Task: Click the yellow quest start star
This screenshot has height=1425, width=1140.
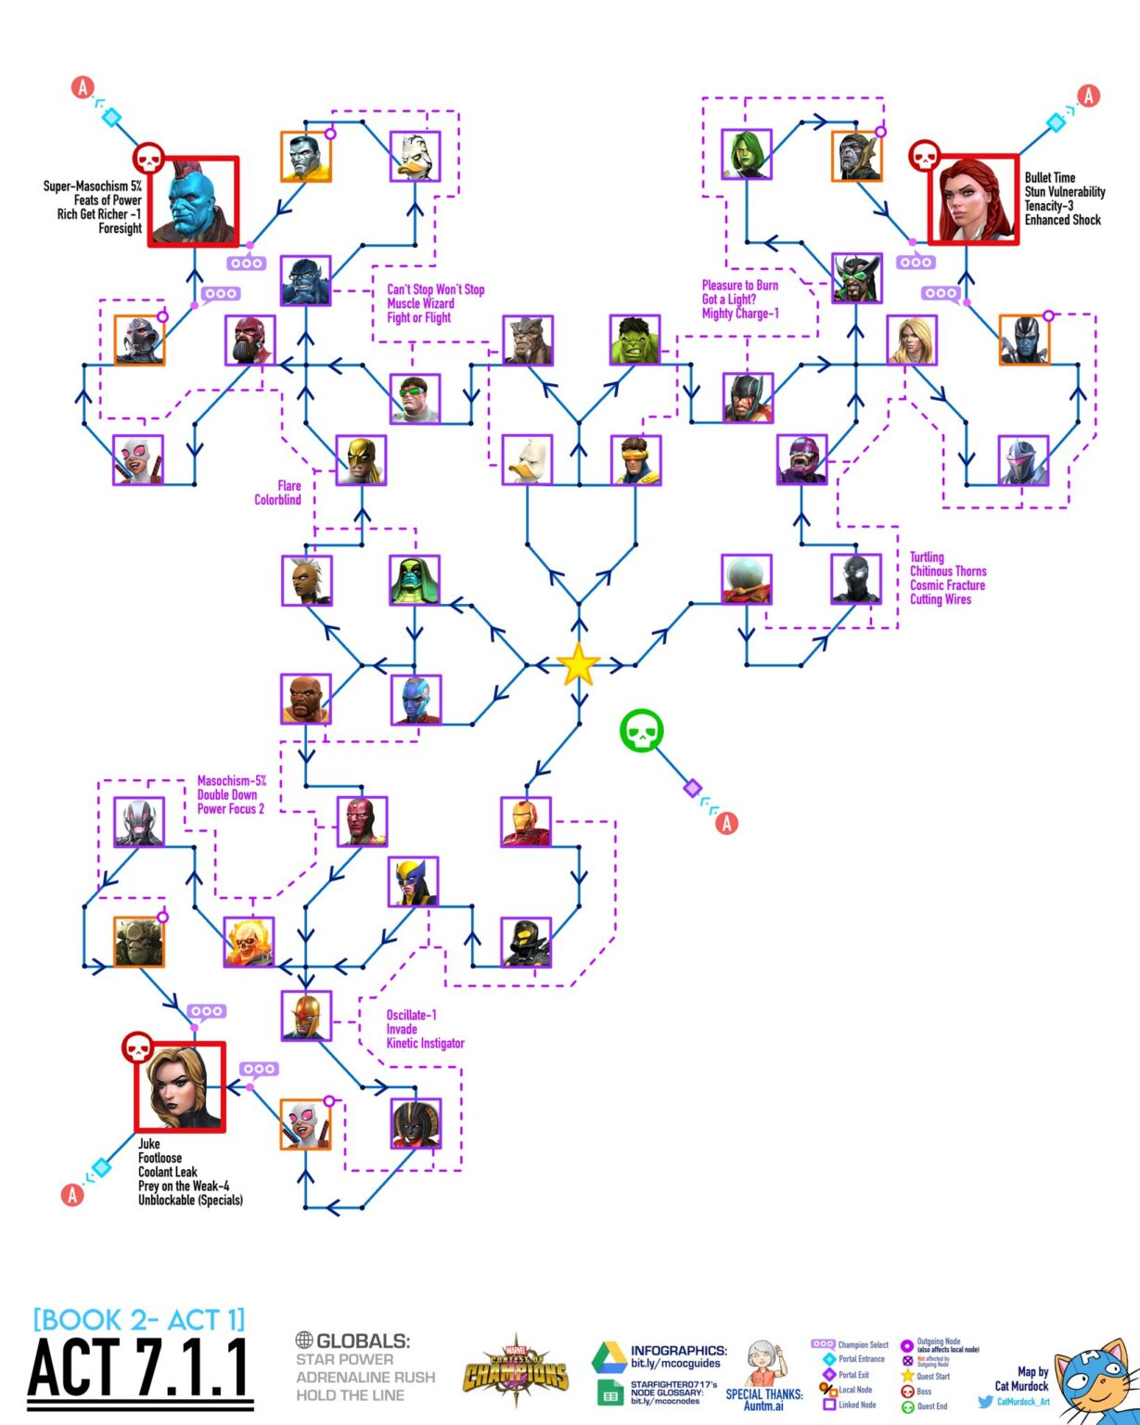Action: click(578, 664)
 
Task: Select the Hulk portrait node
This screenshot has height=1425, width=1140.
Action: click(635, 340)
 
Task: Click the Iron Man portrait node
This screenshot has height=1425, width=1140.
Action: click(526, 821)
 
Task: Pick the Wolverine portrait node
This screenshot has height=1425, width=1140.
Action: click(413, 881)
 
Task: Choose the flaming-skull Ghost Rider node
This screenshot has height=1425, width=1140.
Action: click(249, 942)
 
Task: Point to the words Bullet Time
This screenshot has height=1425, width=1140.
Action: click(1050, 177)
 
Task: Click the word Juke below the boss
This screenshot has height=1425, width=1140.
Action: click(149, 1144)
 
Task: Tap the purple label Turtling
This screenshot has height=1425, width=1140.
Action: click(927, 557)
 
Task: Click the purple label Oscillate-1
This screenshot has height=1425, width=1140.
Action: click(412, 1015)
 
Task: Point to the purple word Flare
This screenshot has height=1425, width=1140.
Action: click(289, 485)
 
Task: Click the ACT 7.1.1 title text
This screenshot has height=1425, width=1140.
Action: click(140, 1368)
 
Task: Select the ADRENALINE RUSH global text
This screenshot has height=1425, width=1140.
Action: click(365, 1377)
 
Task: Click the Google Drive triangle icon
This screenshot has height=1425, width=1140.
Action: click(608, 1357)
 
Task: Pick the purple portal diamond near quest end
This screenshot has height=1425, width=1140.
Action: click(692, 788)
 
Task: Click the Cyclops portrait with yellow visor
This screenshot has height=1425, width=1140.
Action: click(636, 460)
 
